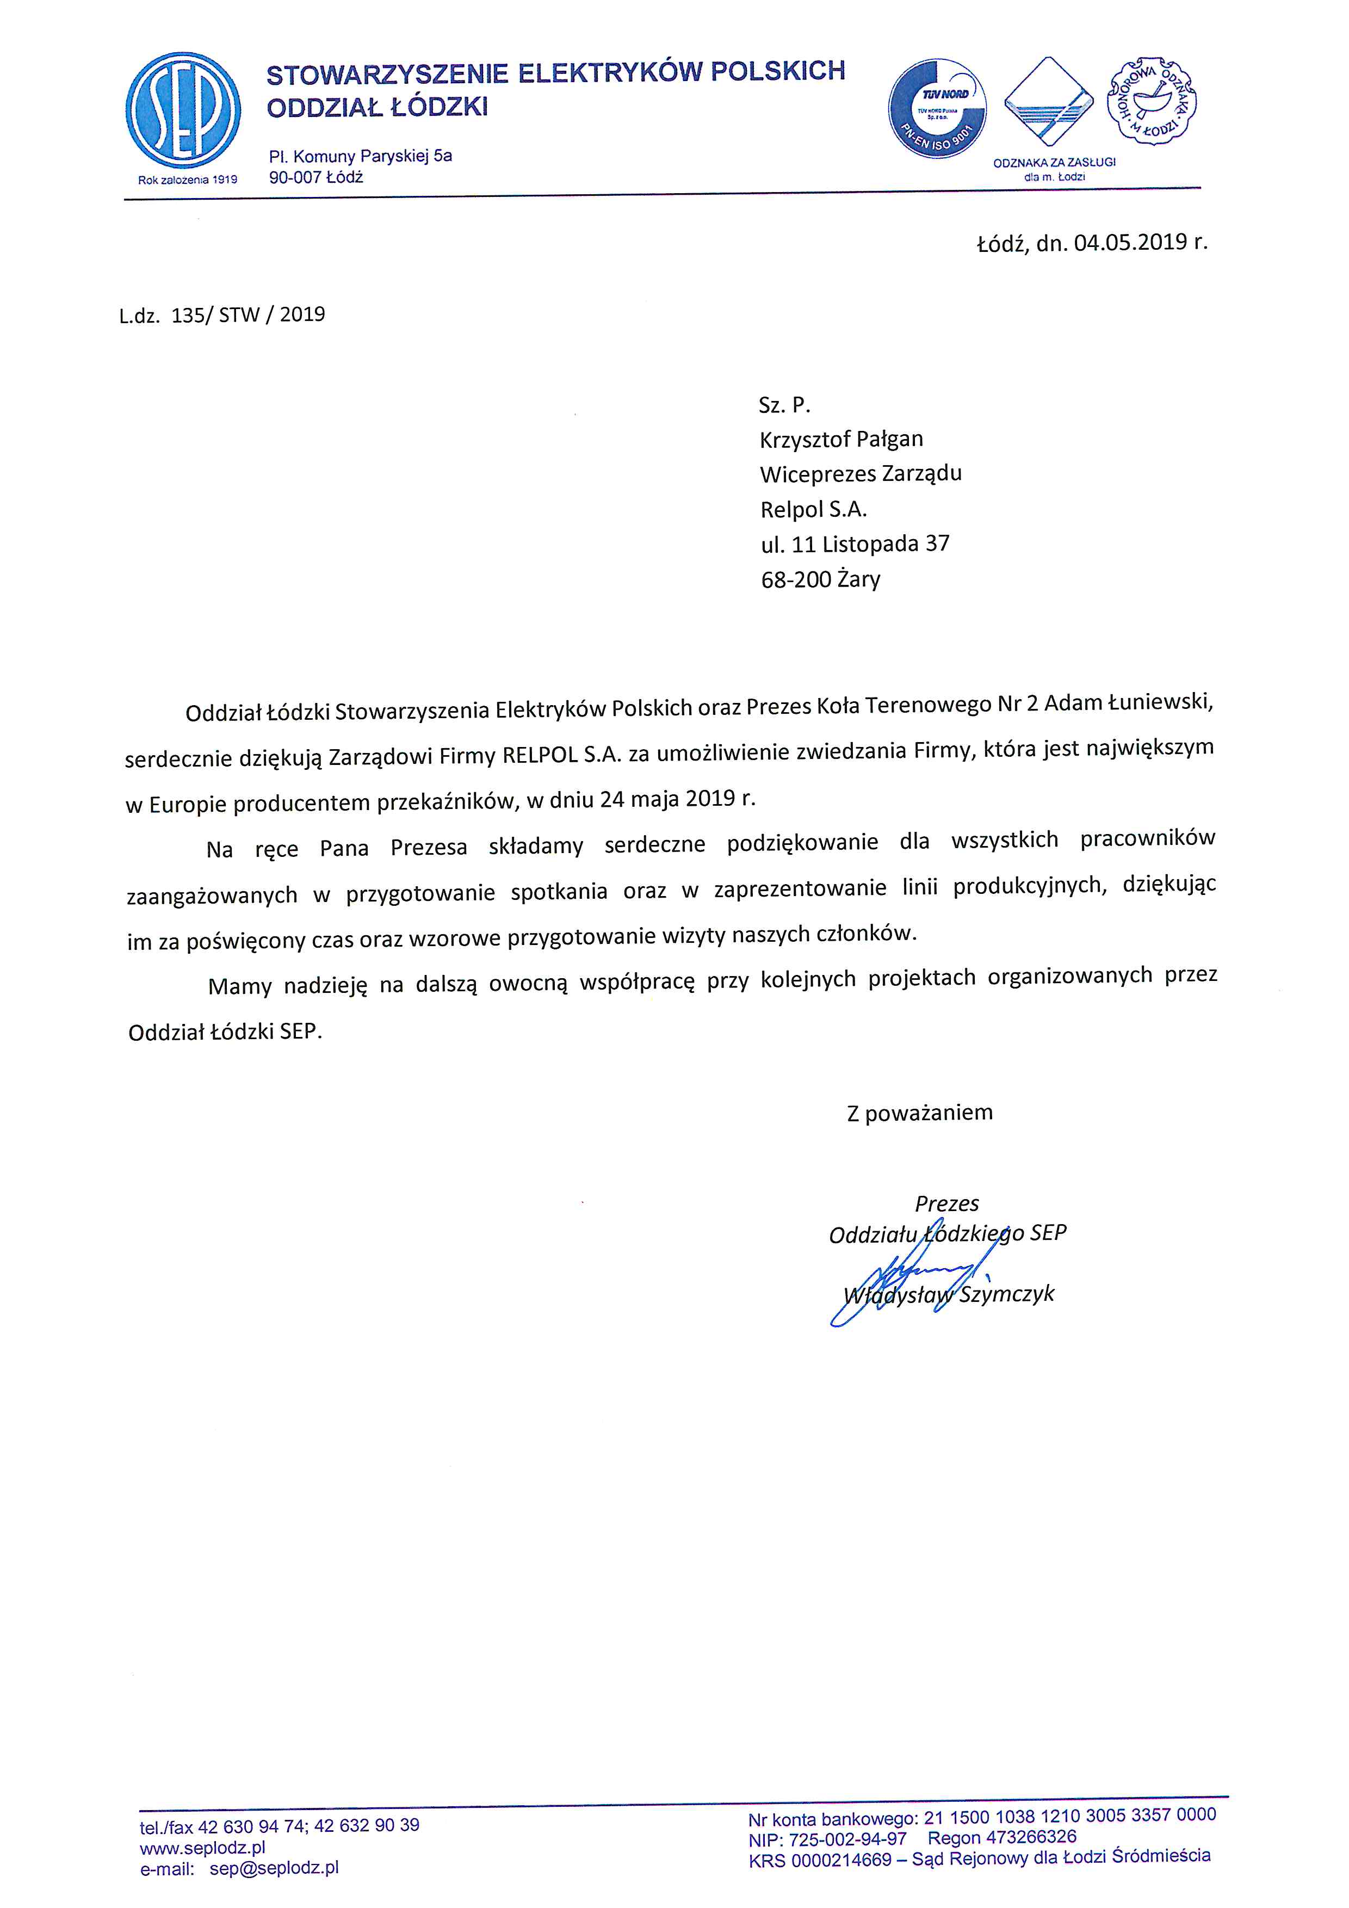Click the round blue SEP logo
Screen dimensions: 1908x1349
point(183,110)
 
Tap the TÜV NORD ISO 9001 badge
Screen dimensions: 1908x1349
point(938,109)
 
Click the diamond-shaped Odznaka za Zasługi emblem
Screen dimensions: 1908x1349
point(1048,103)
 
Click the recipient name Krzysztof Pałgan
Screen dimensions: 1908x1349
point(840,439)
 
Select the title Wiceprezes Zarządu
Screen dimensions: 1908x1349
point(860,474)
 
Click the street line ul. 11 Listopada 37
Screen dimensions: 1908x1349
point(855,544)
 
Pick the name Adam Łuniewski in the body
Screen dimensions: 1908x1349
point(1127,703)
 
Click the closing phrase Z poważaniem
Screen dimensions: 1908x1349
point(919,1113)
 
